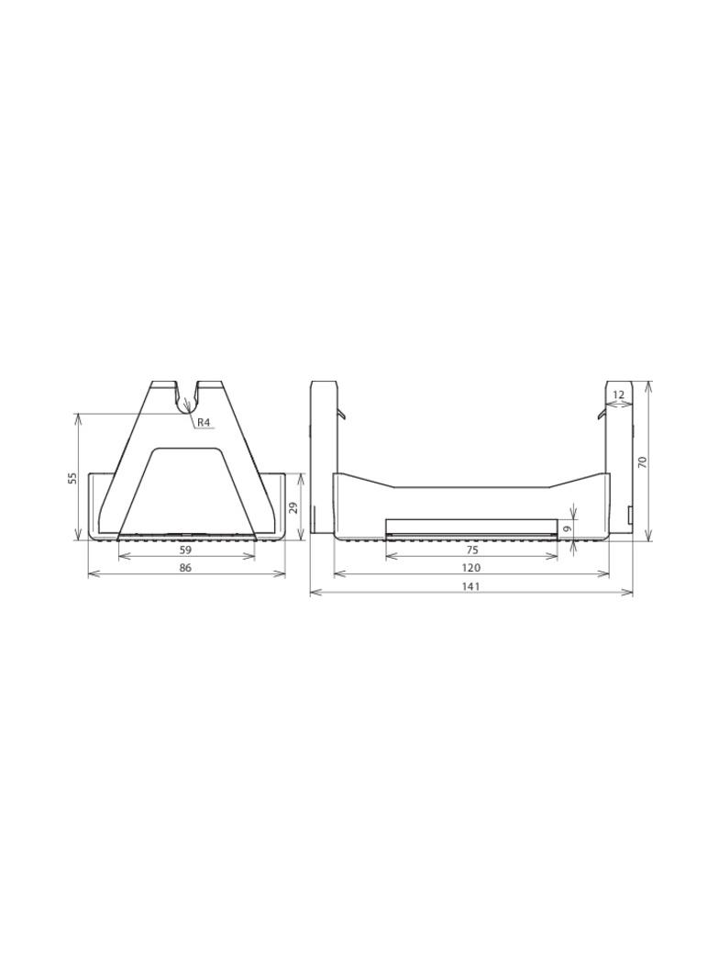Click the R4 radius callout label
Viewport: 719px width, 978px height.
(205, 423)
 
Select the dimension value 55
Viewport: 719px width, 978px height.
(72, 478)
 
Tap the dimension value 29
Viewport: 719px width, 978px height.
(294, 507)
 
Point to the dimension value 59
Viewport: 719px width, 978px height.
(185, 550)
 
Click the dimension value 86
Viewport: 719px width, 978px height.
(185, 568)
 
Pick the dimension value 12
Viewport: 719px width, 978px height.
(618, 395)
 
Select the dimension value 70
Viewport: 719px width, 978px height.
(643, 462)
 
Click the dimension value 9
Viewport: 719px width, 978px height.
(567, 528)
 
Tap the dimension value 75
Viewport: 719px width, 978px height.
(471, 550)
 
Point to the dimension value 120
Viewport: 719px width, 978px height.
(471, 568)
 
